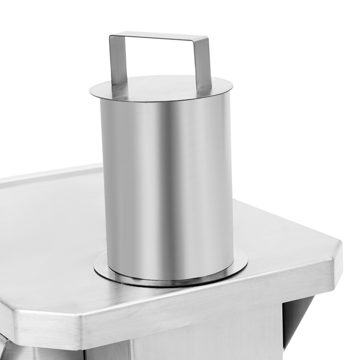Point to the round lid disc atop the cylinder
(162, 88)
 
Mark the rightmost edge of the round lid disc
(232, 86)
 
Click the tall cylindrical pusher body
(167, 180)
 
